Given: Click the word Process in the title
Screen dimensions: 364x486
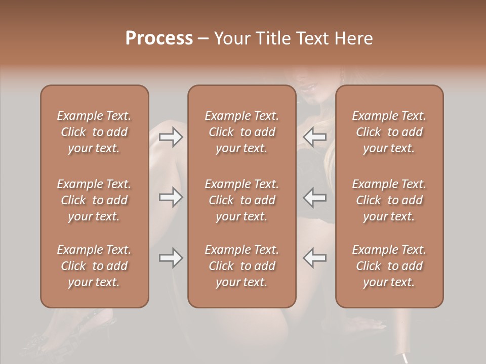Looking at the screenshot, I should pyautogui.click(x=159, y=38).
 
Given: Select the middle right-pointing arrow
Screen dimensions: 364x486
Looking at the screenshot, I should pyautogui.click(x=171, y=197).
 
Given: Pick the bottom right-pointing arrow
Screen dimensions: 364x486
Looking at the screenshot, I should pyautogui.click(x=171, y=258).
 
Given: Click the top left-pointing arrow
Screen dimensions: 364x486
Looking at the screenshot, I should pyautogui.click(x=315, y=136).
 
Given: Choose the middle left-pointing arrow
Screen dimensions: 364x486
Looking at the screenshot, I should pyautogui.click(x=315, y=197).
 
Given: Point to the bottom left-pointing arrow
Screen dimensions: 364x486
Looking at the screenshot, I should pyautogui.click(x=315, y=258).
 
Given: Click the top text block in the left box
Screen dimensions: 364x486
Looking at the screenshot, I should pyautogui.click(x=94, y=132).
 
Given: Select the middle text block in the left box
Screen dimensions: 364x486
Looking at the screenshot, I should pyautogui.click(x=94, y=200).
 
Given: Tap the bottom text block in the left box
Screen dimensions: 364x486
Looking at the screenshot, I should pyautogui.click(x=94, y=266).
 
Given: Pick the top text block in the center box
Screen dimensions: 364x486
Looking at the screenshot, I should pyautogui.click(x=241, y=132).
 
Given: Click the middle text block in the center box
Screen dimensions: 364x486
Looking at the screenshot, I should pyautogui.click(x=241, y=200).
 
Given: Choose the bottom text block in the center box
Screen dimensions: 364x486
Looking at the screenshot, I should pyautogui.click(x=241, y=266).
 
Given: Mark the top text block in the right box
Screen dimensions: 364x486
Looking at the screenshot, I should pyautogui.click(x=389, y=132).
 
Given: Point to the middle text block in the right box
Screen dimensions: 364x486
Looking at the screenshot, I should pyautogui.click(x=389, y=200).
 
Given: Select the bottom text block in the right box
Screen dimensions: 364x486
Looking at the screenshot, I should pyautogui.click(x=389, y=266).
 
